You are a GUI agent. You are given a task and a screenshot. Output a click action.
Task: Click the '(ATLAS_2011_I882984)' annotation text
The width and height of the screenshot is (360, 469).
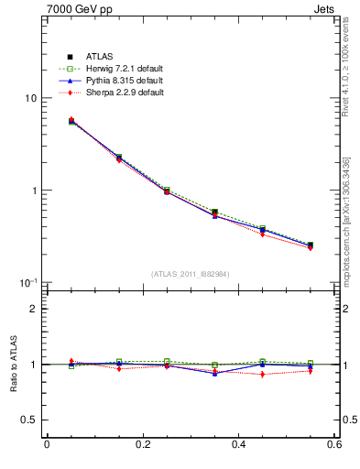191,274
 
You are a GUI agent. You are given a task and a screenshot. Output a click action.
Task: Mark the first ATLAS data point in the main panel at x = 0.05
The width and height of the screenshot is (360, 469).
71,121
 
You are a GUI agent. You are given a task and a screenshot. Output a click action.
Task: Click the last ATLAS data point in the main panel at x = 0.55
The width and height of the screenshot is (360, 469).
311,245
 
